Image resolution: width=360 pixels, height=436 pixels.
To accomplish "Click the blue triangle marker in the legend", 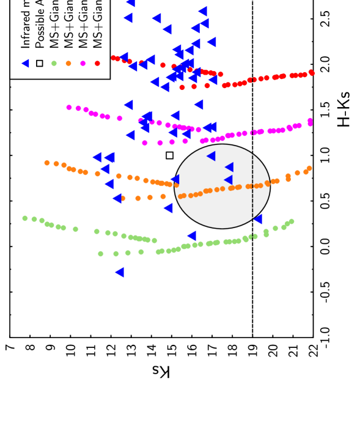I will point(25,63).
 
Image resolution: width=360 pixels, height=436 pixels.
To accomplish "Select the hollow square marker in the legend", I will point(40,63).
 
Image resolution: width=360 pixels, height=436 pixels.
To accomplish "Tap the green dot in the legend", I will point(54,63).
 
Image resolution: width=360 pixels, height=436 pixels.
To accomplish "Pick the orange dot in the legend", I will point(68,63).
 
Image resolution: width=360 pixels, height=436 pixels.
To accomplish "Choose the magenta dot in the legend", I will point(83,63).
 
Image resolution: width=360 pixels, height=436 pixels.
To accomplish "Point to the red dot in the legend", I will point(97,63).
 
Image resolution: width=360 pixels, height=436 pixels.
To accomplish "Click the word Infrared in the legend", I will point(25,34).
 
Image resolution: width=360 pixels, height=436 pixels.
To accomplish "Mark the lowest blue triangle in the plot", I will point(119,272).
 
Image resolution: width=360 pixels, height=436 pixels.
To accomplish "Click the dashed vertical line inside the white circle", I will point(252,183).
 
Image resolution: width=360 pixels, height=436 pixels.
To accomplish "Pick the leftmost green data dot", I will point(25,218).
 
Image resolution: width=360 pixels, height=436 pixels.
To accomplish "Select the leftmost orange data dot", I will point(47,163).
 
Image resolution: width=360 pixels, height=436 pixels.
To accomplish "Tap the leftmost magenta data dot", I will point(69,108).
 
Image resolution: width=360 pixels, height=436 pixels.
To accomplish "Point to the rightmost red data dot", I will point(311,73).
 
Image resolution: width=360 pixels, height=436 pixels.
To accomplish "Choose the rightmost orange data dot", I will point(309,168).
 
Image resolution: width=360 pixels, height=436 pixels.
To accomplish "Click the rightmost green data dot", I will point(292,221).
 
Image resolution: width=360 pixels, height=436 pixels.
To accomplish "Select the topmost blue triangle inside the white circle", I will point(211,156).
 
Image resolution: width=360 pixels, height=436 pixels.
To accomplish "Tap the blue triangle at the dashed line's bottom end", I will point(258,219).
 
